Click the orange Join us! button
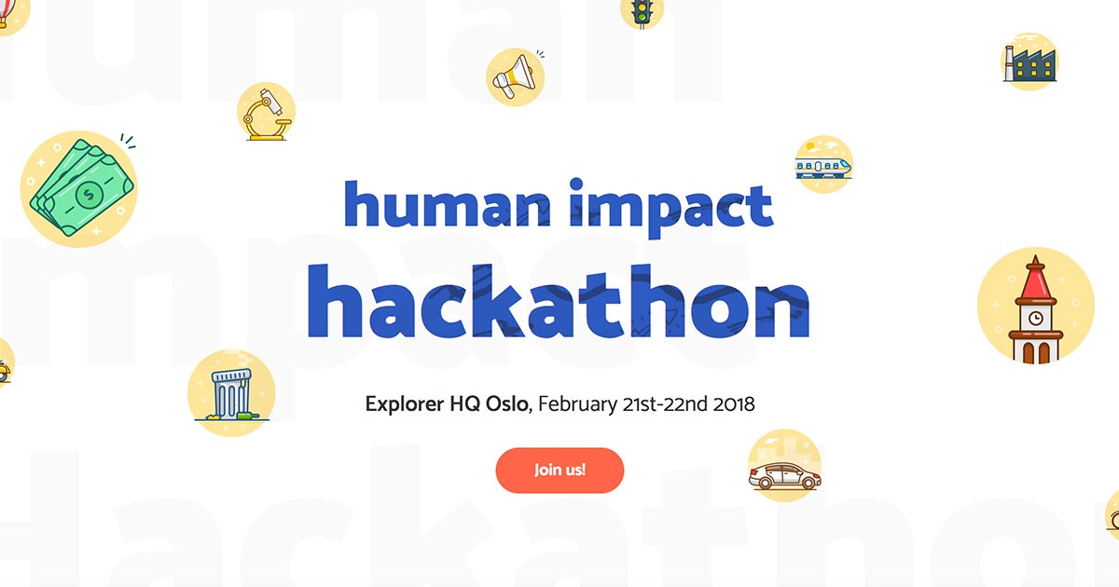[x=559, y=470]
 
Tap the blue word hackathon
[x=559, y=302]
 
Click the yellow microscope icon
[x=266, y=113]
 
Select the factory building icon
[x=1029, y=61]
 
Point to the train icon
[x=823, y=165]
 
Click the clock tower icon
[x=1035, y=307]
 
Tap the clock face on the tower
[x=1035, y=318]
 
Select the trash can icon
[x=230, y=393]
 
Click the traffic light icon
[x=641, y=11]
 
